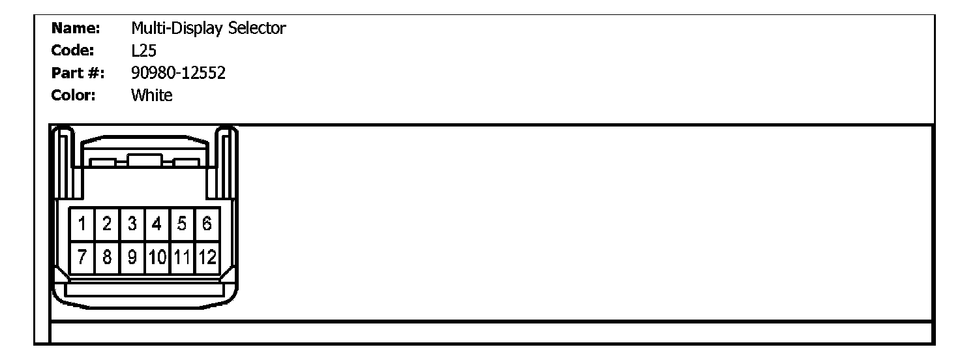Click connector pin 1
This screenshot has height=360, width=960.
point(83,225)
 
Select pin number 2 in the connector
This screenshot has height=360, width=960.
point(107,225)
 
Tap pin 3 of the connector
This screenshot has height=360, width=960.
point(132,225)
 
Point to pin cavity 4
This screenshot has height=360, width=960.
point(157,225)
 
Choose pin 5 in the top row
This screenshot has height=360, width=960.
point(182,225)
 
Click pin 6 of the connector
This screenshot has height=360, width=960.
point(207,225)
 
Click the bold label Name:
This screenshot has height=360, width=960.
point(75,29)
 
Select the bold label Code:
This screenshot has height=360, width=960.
point(73,51)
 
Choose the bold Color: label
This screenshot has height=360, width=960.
point(74,95)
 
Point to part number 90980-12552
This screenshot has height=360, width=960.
point(178,73)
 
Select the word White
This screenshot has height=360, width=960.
point(151,95)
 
